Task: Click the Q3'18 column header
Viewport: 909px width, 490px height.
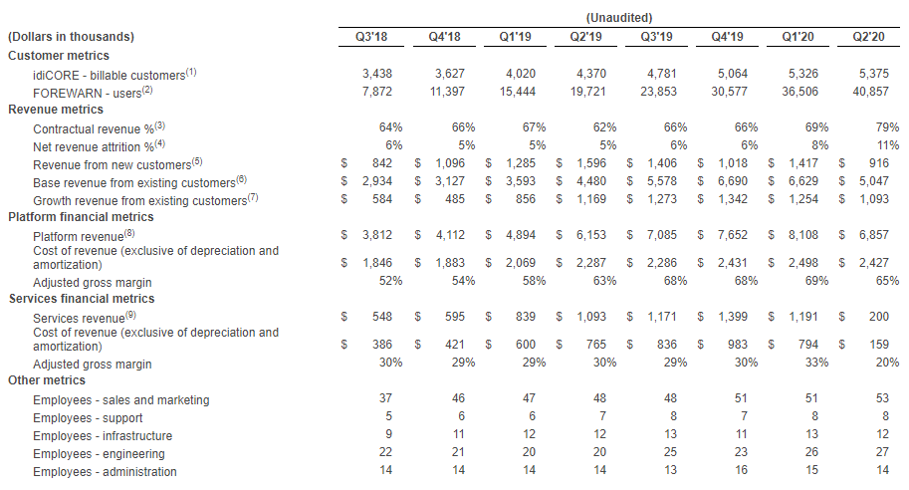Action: tap(371, 37)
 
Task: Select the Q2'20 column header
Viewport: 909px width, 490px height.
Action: tap(868, 37)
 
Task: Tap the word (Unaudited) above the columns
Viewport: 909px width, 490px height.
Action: tap(619, 17)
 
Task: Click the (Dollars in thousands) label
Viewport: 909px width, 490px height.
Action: tap(71, 37)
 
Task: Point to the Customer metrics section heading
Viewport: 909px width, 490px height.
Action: tap(59, 56)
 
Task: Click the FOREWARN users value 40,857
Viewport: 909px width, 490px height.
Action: tap(870, 92)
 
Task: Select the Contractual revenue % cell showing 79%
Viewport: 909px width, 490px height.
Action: tap(887, 127)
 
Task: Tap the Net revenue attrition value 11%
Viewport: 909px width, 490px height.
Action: tap(888, 145)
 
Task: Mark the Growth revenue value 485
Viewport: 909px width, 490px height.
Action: tap(455, 199)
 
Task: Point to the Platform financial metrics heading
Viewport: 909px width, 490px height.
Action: tap(82, 217)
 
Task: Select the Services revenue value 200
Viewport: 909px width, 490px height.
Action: tap(879, 317)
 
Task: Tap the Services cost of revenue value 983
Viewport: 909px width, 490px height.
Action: tap(738, 345)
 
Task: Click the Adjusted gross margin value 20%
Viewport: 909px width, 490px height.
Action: tap(887, 363)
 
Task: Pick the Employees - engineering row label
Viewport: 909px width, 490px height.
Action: tap(99, 454)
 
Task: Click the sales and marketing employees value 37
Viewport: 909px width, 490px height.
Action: tap(385, 398)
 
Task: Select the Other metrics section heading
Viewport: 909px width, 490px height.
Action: tap(47, 380)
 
